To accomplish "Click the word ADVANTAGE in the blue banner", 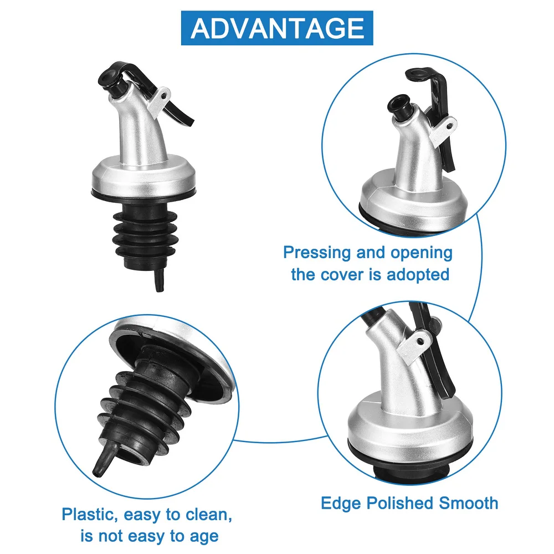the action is (x=277, y=28).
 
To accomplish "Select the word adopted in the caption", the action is (x=418, y=274).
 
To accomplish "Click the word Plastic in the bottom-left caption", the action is (x=90, y=515).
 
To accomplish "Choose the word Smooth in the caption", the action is (x=469, y=503).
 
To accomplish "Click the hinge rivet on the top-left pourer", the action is (x=163, y=95).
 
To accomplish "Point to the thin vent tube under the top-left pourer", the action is (x=160, y=280).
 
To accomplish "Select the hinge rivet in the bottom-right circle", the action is (x=420, y=341).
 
